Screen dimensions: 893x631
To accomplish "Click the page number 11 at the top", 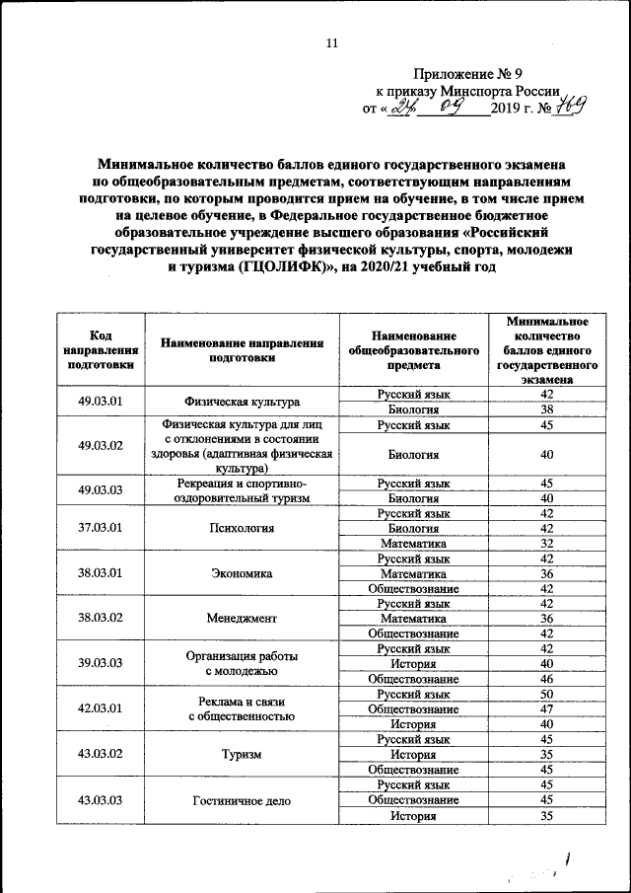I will (331, 42).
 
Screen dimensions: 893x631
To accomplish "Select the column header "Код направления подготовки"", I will (101, 349).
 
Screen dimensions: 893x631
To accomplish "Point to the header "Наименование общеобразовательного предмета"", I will (413, 349).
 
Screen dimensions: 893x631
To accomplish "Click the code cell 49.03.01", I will (101, 402).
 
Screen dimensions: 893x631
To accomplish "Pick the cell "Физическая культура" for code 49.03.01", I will (242, 402).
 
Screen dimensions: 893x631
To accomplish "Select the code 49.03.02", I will (101, 446).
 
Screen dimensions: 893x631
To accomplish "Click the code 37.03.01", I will (101, 528).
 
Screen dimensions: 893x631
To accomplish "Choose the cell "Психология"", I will (242, 528).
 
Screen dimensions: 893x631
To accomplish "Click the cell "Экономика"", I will (242, 573).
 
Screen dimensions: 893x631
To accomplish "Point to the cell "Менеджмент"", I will (242, 618).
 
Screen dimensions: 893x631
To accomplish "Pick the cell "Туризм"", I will (242, 754).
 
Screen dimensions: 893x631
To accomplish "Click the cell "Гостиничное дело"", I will (242, 800).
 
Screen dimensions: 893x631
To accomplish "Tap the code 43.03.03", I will (101, 800).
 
